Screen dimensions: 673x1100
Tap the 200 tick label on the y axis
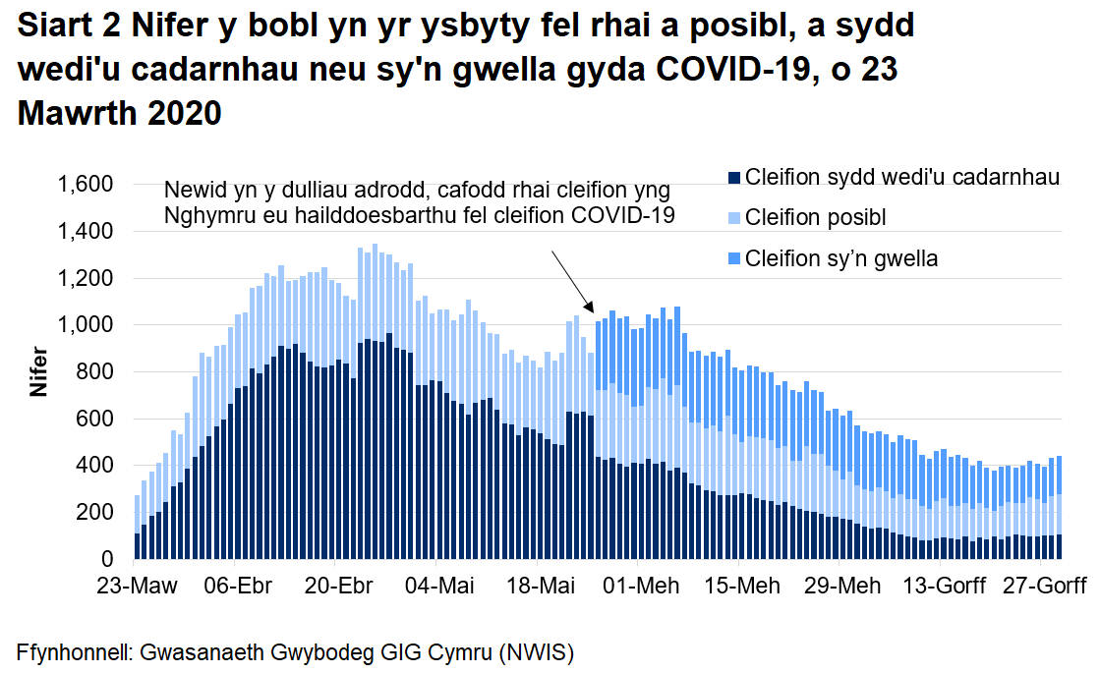click(99, 513)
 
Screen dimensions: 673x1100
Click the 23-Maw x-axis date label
click(137, 587)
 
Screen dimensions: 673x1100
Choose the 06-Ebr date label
click(239, 587)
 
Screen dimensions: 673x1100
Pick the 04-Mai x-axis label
click(439, 587)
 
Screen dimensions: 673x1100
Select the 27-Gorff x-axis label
click(1043, 587)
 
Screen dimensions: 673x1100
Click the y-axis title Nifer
click(38, 371)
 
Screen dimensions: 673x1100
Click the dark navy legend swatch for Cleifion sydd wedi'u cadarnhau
click(733, 178)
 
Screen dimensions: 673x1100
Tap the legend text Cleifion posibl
click(815, 217)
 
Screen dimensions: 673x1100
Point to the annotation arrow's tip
click(593, 311)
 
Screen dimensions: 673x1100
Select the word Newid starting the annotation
click(193, 190)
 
